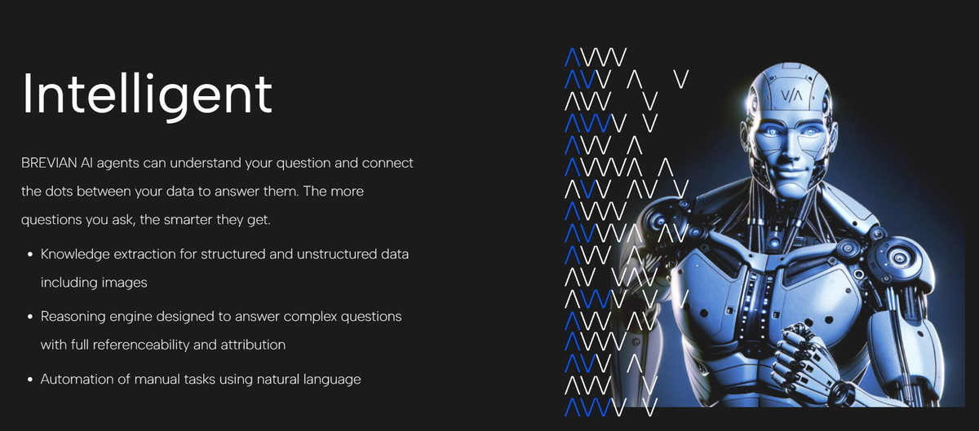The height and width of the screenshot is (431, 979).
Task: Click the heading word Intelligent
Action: point(148,96)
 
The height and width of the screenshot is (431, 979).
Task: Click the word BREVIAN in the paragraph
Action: point(49,163)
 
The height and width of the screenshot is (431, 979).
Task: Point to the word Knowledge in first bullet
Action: point(75,254)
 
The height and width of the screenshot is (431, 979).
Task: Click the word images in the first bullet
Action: point(125,283)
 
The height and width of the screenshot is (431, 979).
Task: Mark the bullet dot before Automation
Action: point(30,380)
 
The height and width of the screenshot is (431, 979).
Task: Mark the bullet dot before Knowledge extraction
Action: point(30,254)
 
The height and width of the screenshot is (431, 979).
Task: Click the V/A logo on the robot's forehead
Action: point(791,95)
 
